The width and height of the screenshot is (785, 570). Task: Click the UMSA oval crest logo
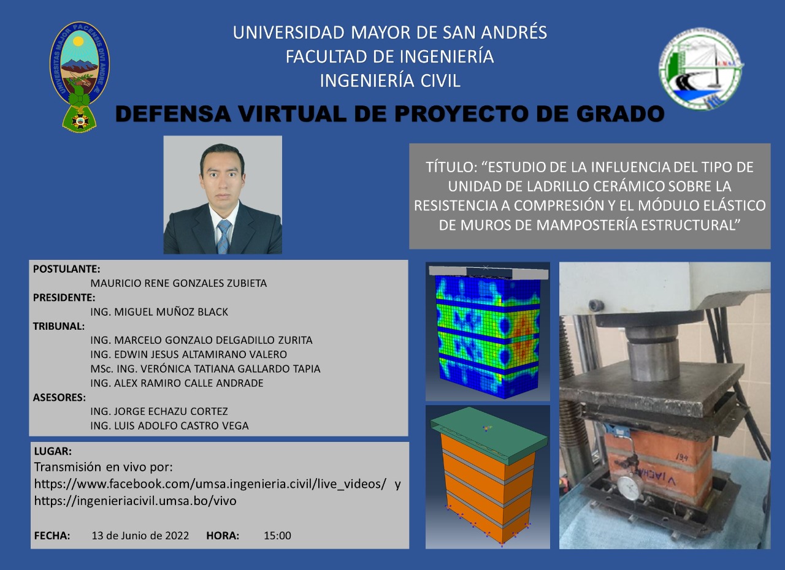coord(80,77)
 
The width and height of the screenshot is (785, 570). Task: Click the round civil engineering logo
coord(701,69)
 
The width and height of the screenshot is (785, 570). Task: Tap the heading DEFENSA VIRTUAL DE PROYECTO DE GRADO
coord(389,114)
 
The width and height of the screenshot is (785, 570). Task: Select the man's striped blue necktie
coord(223,237)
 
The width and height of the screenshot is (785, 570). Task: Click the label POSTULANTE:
coord(67,269)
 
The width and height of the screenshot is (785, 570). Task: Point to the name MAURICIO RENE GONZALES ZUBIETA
coord(178,283)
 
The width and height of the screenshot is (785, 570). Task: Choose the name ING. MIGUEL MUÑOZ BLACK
coord(159,311)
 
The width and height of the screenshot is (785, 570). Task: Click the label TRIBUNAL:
coord(59,326)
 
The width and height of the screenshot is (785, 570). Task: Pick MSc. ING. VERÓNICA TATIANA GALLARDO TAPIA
coord(205,369)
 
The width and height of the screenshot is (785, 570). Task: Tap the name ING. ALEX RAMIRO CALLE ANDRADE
coord(177,383)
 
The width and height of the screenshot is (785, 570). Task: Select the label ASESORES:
coord(59,397)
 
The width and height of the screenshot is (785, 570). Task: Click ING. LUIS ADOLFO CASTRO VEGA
coord(170,426)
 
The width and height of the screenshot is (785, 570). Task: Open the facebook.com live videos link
coord(210,484)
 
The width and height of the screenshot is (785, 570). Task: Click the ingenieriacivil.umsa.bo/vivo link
coord(136,501)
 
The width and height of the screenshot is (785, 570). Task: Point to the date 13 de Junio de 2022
coord(140,536)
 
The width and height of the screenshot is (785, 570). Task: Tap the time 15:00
coord(278,536)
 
